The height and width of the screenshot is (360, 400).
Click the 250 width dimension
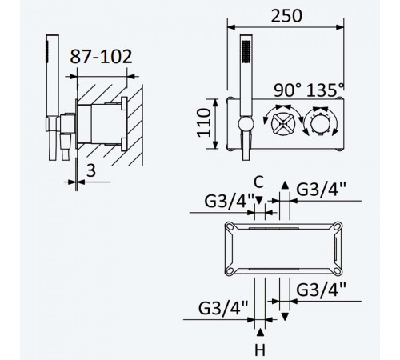point(286,16)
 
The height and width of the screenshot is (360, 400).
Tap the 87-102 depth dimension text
point(101,56)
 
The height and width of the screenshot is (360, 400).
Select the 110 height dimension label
point(204,122)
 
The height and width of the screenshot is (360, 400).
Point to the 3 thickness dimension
point(91,170)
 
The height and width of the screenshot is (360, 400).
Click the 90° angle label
point(288,90)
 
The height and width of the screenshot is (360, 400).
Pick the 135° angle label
point(326,90)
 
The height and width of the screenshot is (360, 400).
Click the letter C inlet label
point(258,182)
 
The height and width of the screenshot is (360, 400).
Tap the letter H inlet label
point(260,350)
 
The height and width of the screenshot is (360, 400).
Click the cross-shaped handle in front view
point(283,125)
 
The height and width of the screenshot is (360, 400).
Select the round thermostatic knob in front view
point(320,123)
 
